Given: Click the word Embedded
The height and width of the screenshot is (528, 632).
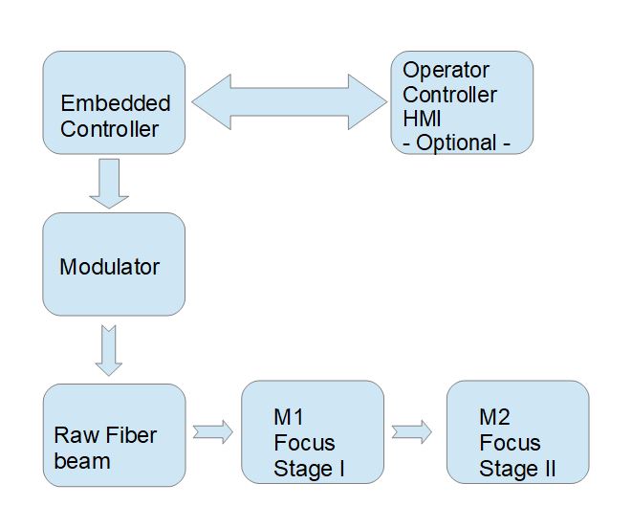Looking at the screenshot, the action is pyautogui.click(x=116, y=103).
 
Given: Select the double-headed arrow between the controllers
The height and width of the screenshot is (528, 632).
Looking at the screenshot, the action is pyautogui.click(x=290, y=101).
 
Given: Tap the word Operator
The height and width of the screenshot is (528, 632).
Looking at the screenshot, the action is pyautogui.click(x=446, y=71).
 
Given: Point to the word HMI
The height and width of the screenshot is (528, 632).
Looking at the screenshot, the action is pyautogui.click(x=422, y=119).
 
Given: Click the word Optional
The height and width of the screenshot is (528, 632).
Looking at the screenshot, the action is pyautogui.click(x=456, y=143).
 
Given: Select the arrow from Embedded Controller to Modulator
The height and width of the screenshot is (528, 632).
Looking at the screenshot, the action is pyautogui.click(x=109, y=184).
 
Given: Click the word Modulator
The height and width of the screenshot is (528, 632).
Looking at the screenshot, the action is pyautogui.click(x=110, y=267).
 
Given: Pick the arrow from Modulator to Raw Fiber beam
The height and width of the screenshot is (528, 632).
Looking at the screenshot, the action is pyautogui.click(x=109, y=350).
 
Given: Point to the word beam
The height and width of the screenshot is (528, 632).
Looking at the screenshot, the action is pyautogui.click(x=82, y=461).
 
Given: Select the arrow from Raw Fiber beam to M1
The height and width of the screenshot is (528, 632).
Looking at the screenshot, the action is pyautogui.click(x=213, y=432).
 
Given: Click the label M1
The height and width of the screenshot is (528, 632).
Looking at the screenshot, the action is pyautogui.click(x=289, y=417).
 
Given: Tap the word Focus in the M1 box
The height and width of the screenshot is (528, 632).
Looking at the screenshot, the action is pyautogui.click(x=304, y=443).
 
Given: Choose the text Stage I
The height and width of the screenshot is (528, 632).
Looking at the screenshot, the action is pyautogui.click(x=309, y=469).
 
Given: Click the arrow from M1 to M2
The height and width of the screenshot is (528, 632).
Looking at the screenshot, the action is pyautogui.click(x=411, y=432).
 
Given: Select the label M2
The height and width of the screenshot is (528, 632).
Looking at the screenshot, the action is pyautogui.click(x=495, y=417).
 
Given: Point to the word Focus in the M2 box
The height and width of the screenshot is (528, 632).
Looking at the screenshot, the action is pyautogui.click(x=510, y=443).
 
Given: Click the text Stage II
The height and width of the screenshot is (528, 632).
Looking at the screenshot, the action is pyautogui.click(x=517, y=469).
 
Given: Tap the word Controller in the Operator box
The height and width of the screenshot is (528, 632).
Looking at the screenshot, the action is pyautogui.click(x=449, y=95).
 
